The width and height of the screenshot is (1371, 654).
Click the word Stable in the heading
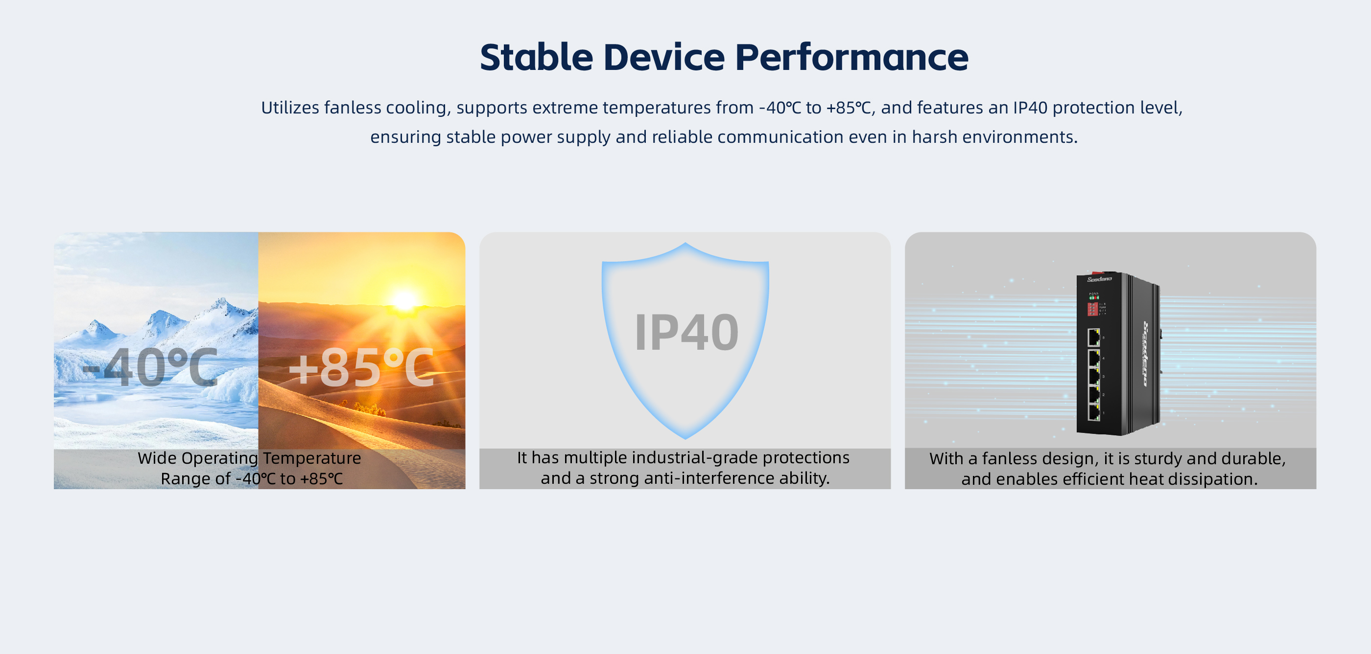point(537,57)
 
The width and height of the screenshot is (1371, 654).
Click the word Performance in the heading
point(851,57)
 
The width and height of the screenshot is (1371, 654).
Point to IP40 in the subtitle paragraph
point(1030,108)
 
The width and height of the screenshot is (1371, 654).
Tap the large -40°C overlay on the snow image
point(149,367)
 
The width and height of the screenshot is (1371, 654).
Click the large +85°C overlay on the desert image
point(361,367)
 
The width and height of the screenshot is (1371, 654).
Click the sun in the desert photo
point(404,301)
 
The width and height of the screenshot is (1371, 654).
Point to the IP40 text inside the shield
point(686,332)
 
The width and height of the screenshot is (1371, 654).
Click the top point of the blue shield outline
point(685,244)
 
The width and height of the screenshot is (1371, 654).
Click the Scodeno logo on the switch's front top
point(1099,279)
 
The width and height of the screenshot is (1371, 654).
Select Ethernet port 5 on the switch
point(1094,337)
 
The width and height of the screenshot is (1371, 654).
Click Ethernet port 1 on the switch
point(1094,411)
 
